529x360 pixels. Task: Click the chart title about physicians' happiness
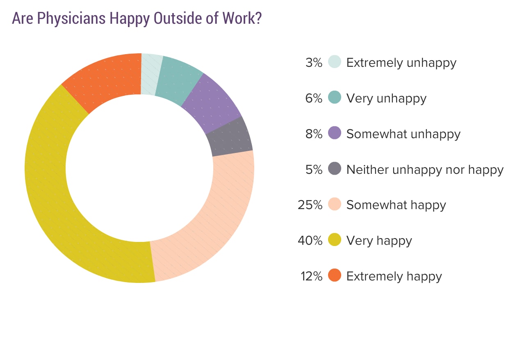point(137,18)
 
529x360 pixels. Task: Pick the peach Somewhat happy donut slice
point(213,213)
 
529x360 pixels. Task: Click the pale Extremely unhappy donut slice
point(150,74)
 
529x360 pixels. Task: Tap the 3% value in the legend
point(314,63)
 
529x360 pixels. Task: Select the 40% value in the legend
point(310,241)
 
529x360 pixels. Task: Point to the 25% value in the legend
point(310,205)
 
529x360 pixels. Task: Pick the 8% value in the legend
point(314,134)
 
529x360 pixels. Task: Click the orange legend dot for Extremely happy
point(335,276)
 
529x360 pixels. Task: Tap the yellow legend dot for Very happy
point(335,240)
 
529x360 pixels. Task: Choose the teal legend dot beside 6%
point(335,98)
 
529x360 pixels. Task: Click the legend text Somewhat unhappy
point(403,134)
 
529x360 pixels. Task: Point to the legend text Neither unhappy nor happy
point(425,169)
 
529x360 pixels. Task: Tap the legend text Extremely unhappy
point(401,63)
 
